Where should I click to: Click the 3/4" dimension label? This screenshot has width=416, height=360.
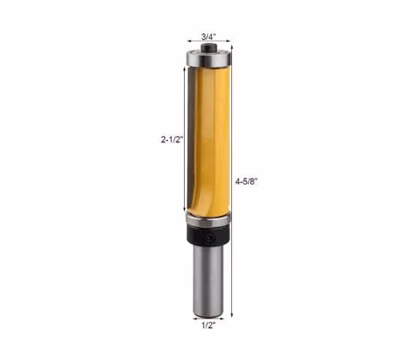(x=209, y=37)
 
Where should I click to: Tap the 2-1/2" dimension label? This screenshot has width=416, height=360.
(x=172, y=139)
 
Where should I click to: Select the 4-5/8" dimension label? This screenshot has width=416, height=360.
(x=246, y=181)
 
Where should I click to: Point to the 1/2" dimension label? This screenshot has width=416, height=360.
(x=209, y=325)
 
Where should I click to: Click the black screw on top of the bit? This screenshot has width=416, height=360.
(x=209, y=48)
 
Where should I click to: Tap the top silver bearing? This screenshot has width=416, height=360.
(x=209, y=58)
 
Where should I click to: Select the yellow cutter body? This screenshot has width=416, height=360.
(x=209, y=140)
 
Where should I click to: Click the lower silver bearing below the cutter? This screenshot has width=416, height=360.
(x=208, y=219)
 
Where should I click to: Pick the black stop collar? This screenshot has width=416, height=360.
(x=208, y=235)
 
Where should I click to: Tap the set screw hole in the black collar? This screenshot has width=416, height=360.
(x=210, y=237)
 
